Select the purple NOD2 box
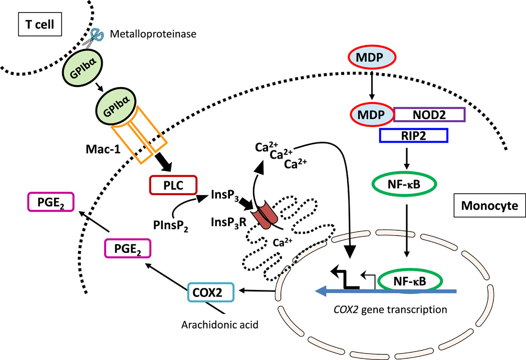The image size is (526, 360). (430, 115)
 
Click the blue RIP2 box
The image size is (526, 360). (412, 136)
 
